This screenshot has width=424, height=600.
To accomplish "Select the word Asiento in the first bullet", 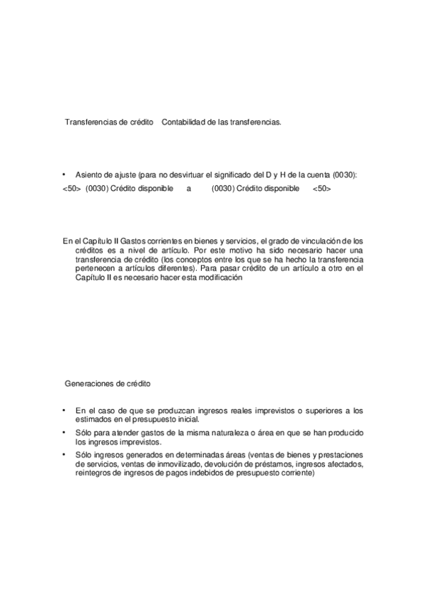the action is (89, 174).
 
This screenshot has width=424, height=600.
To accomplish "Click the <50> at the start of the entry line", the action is (71, 189).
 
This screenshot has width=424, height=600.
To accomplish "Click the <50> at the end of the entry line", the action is (322, 189).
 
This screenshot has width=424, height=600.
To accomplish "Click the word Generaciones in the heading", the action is (89, 383).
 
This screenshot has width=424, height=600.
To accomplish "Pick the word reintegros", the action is (93, 473).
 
